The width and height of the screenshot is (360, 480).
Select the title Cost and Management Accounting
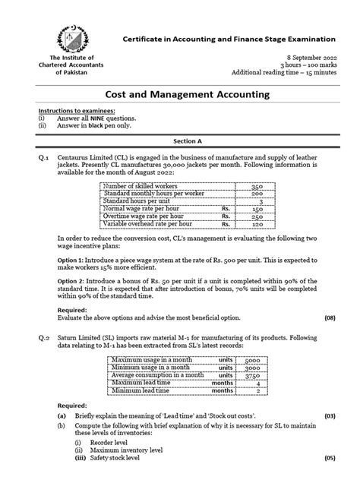pyautogui.click(x=180, y=95)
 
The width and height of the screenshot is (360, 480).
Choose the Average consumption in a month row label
pyautogui.click(x=156, y=374)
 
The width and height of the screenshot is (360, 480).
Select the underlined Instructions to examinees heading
pyautogui.click(x=71, y=110)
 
